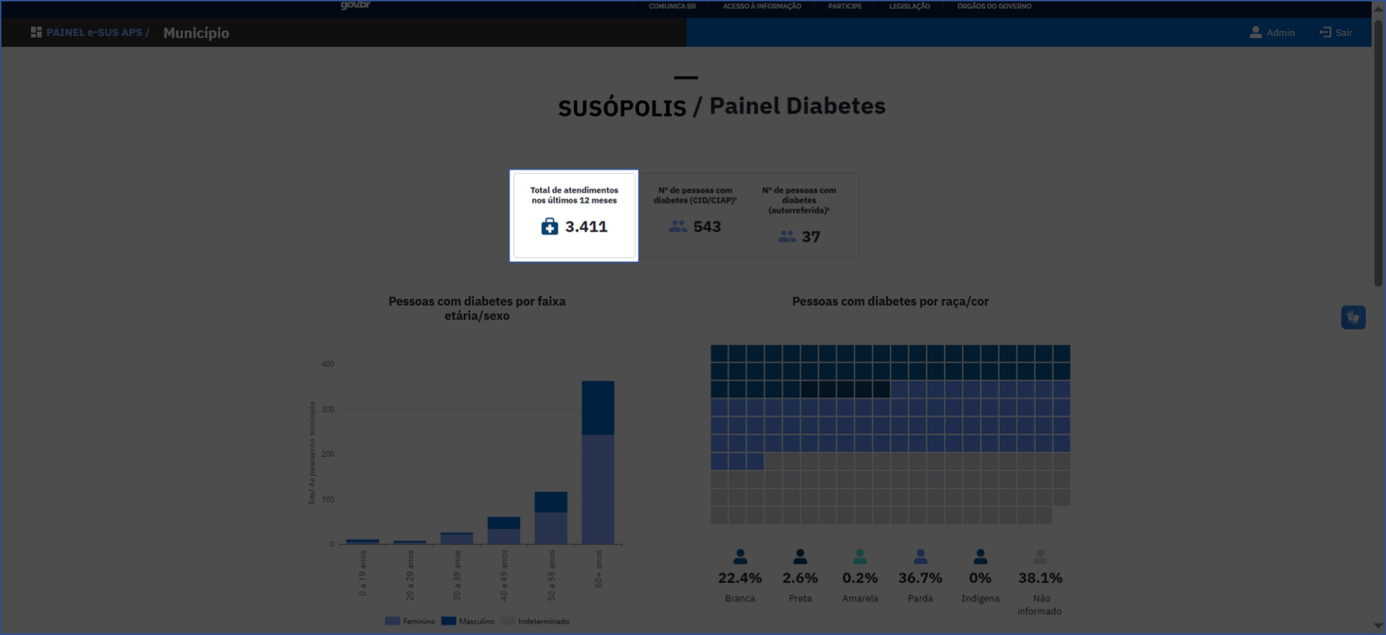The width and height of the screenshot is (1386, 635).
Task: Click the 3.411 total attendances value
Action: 586,227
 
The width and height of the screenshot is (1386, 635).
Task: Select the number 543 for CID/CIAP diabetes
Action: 707,227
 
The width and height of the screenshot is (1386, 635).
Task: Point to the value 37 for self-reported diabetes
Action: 811,237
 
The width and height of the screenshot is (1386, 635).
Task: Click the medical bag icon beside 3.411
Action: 549,227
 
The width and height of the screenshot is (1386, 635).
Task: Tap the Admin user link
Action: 1272,33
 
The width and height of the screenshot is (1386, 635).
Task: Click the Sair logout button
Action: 1336,33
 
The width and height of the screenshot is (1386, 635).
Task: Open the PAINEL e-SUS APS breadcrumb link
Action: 94,33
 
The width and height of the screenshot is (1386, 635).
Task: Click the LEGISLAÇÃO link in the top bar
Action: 909,6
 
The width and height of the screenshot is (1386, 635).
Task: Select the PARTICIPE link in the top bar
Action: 844,6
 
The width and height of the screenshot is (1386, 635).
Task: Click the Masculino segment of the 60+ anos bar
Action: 598,408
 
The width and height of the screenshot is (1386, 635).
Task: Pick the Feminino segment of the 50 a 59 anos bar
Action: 551,528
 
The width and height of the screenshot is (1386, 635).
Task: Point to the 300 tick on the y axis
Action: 328,410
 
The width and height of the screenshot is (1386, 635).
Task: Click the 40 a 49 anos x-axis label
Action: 504,575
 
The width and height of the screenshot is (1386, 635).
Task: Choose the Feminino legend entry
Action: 410,621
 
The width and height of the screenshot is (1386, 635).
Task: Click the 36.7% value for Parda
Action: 920,578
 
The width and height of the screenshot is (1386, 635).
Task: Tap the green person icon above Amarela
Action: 860,557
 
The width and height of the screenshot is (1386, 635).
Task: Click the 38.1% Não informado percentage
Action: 1040,578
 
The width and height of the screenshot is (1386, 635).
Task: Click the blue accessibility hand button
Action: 1353,317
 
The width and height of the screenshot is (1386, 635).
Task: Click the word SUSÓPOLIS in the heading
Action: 622,107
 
